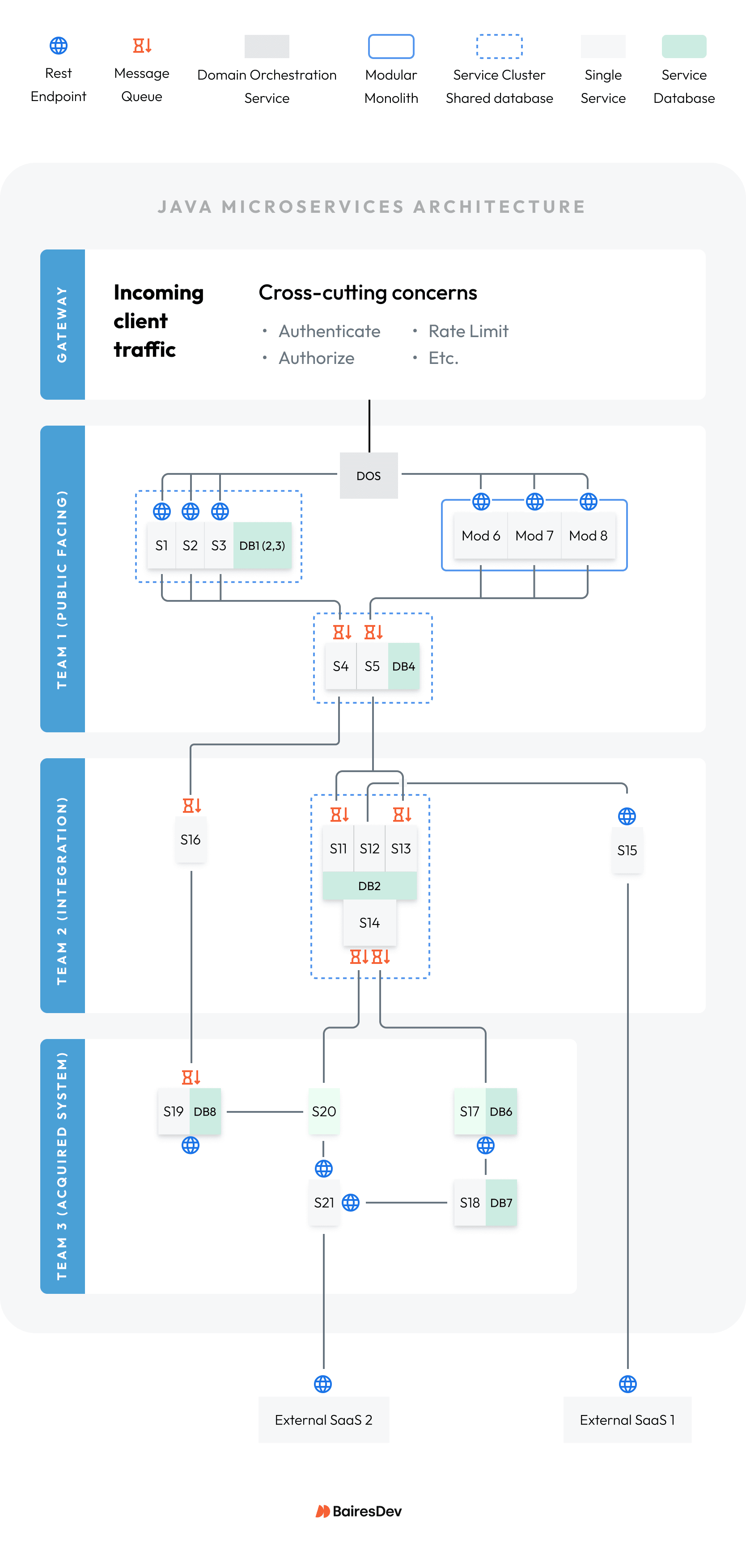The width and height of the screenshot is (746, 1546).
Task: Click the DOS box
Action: click(x=369, y=475)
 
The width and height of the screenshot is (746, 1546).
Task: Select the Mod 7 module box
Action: click(x=534, y=535)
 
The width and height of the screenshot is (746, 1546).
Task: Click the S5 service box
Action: click(x=372, y=666)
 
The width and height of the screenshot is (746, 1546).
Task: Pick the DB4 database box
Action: click(x=403, y=666)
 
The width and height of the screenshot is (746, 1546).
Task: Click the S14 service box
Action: click(x=369, y=922)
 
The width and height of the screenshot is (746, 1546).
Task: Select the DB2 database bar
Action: click(x=369, y=886)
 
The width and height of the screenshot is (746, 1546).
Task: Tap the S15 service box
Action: click(x=627, y=850)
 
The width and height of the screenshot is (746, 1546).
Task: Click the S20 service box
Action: click(x=323, y=1111)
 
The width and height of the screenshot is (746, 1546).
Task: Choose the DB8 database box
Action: click(x=205, y=1111)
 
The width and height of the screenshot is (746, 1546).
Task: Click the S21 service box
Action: click(x=323, y=1203)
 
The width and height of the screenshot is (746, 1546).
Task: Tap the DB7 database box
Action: click(x=501, y=1203)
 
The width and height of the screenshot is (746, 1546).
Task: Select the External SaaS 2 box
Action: click(x=323, y=1420)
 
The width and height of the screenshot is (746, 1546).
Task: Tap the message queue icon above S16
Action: click(x=191, y=805)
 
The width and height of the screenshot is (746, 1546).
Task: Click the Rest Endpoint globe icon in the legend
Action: click(x=58, y=46)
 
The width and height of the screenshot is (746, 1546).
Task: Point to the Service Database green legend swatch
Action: click(x=683, y=46)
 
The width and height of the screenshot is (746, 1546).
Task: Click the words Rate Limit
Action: click(x=468, y=331)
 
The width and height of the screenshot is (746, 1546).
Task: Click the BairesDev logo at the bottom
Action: click(x=359, y=1511)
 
